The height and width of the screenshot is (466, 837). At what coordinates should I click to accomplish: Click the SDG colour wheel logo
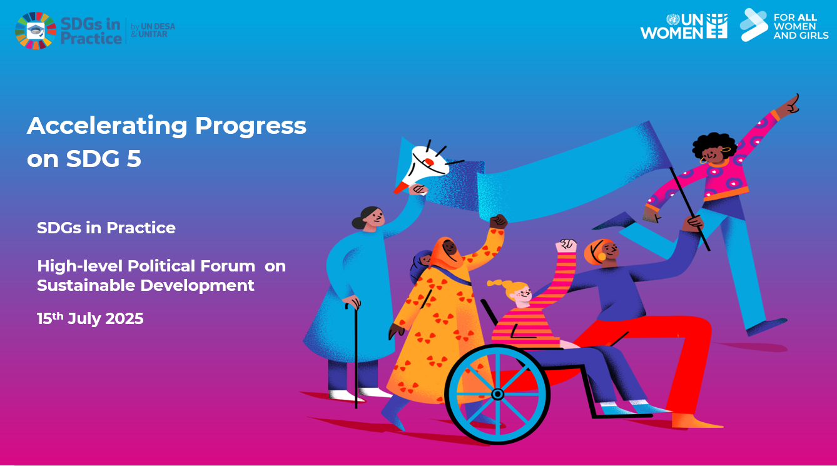click(36, 31)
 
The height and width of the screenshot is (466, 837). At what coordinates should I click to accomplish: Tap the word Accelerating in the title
click(107, 126)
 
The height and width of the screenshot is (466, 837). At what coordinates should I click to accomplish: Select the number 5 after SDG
click(134, 159)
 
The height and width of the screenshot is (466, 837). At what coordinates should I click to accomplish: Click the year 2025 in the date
click(124, 319)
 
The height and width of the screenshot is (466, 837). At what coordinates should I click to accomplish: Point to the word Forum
click(228, 266)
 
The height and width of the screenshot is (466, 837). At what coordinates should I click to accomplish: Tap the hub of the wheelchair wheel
click(497, 394)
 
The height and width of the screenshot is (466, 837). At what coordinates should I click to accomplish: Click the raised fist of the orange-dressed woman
click(498, 221)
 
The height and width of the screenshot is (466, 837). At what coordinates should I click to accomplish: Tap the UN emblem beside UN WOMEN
click(673, 19)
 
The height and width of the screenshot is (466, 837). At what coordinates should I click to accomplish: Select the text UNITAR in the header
click(153, 34)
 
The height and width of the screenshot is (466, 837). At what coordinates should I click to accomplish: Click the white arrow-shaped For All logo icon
click(754, 24)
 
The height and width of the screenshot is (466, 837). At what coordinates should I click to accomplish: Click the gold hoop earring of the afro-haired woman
click(703, 161)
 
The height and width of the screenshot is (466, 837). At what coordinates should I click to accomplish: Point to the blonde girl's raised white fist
click(566, 245)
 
